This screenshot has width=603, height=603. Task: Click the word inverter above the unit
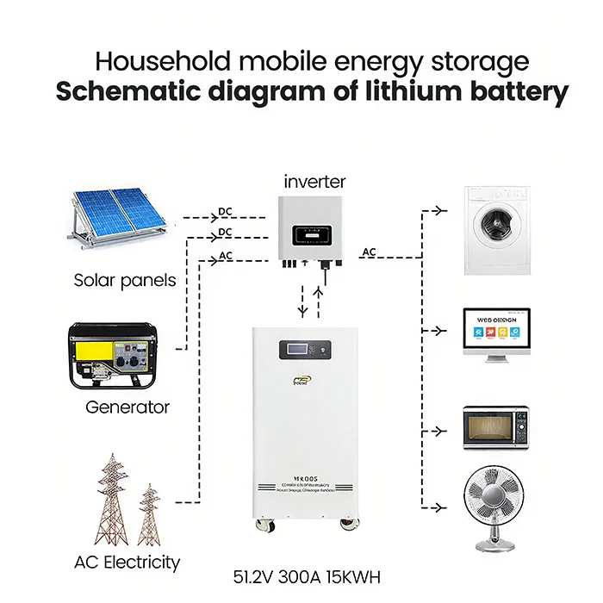point(315,182)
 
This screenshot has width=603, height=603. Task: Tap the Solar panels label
point(124,280)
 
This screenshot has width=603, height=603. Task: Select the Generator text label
point(127,407)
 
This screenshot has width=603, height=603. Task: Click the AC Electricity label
point(127,563)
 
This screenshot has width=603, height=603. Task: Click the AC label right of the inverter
point(369,252)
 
